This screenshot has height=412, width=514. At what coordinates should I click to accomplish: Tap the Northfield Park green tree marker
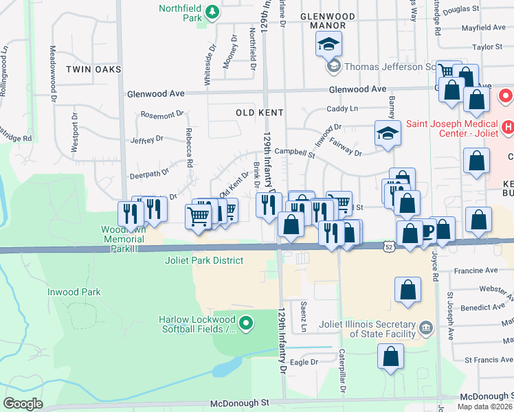click(x=213, y=11)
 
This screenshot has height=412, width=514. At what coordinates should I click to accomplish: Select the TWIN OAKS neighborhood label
click(x=93, y=69)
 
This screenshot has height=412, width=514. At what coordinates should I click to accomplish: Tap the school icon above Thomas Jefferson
click(x=328, y=45)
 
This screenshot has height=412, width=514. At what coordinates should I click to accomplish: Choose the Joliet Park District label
click(x=204, y=260)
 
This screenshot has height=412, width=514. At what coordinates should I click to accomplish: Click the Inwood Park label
click(x=74, y=292)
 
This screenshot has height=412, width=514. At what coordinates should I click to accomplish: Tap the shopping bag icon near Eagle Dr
click(x=391, y=356)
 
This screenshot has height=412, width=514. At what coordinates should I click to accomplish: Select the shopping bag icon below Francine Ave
click(x=408, y=290)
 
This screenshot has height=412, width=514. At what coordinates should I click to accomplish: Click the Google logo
click(x=23, y=404)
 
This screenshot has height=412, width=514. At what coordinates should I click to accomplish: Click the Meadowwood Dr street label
click(x=53, y=73)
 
